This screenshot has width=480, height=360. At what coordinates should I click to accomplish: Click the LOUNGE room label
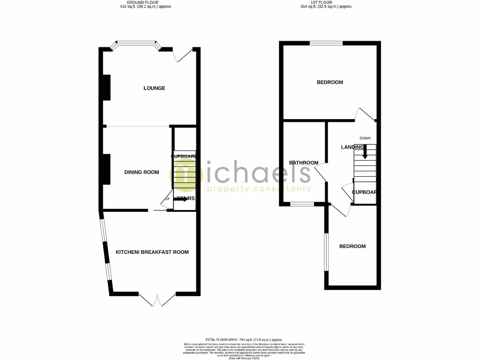click(154, 88)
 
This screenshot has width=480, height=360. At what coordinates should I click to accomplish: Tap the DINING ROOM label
click(142, 172)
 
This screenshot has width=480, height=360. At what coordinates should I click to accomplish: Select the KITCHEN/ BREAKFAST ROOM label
click(152, 252)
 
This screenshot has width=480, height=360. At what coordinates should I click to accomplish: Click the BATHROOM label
click(303, 163)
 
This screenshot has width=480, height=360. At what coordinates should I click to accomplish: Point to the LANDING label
click(352, 147)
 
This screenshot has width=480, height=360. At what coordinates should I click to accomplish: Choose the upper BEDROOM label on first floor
click(330, 82)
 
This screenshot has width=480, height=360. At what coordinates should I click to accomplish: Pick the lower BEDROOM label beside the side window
click(352, 246)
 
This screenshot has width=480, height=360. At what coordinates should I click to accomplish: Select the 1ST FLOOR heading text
click(327, 3)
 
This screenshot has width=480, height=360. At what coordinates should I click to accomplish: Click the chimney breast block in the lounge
click(106, 87)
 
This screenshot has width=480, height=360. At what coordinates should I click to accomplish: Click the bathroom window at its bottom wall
click(301, 204)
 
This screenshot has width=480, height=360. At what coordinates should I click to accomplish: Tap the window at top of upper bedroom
click(326, 43)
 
